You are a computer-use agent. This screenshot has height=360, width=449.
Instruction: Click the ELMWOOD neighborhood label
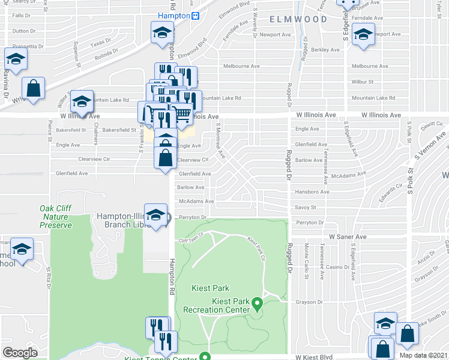coord(298,19)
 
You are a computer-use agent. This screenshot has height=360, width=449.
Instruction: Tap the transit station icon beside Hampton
coord(196,16)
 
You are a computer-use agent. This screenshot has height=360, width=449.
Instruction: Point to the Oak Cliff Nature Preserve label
coord(56,217)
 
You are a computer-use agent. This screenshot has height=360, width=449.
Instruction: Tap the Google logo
coord(20,352)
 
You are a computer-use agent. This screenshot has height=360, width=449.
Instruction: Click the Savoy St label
coord(306,208)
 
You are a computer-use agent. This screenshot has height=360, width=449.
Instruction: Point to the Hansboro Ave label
coord(312,192)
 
